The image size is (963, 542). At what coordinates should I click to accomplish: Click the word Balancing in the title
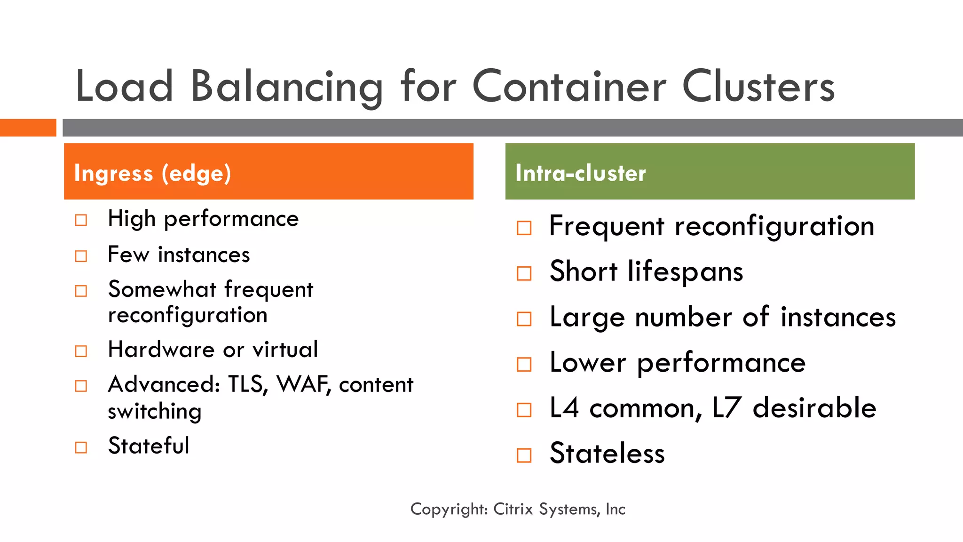(287, 87)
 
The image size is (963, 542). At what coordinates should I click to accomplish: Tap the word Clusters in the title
(758, 87)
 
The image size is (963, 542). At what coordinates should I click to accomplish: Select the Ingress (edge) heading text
(152, 173)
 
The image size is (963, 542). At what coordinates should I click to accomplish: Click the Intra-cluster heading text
(581, 173)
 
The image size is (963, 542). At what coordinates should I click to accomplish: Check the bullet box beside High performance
(81, 220)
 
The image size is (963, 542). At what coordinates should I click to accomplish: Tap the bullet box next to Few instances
(81, 256)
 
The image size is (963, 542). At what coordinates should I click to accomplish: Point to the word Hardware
(161, 350)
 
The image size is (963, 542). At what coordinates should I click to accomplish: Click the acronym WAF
(303, 385)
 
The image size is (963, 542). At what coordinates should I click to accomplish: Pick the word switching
(155, 412)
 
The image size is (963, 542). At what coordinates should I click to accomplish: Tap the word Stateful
(149, 446)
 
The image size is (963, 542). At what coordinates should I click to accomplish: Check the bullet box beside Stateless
(524, 455)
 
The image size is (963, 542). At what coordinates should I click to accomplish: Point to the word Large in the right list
(587, 318)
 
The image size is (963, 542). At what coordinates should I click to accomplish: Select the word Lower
(588, 363)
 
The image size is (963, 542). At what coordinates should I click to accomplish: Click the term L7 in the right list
(727, 408)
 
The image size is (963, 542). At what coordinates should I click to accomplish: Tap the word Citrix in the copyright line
(513, 509)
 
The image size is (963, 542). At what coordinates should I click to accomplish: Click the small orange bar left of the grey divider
(28, 128)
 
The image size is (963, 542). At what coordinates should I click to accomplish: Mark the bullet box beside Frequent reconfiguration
(524, 228)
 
